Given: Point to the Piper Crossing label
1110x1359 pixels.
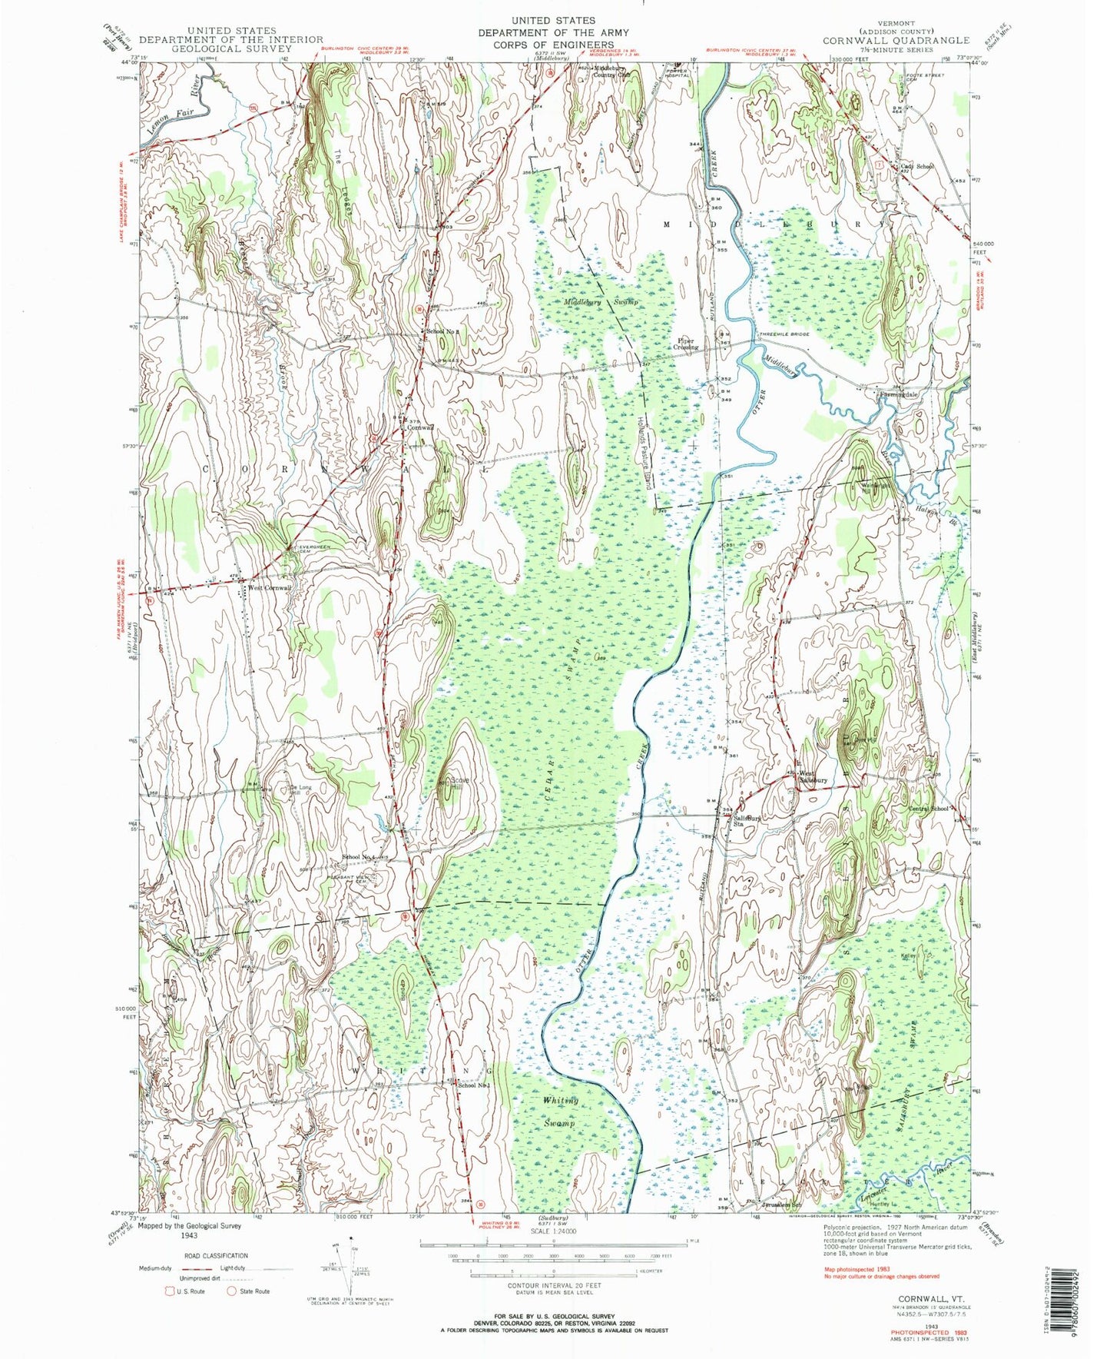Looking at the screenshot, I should [687, 344].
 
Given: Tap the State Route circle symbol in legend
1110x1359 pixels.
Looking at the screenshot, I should [230, 1291].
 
